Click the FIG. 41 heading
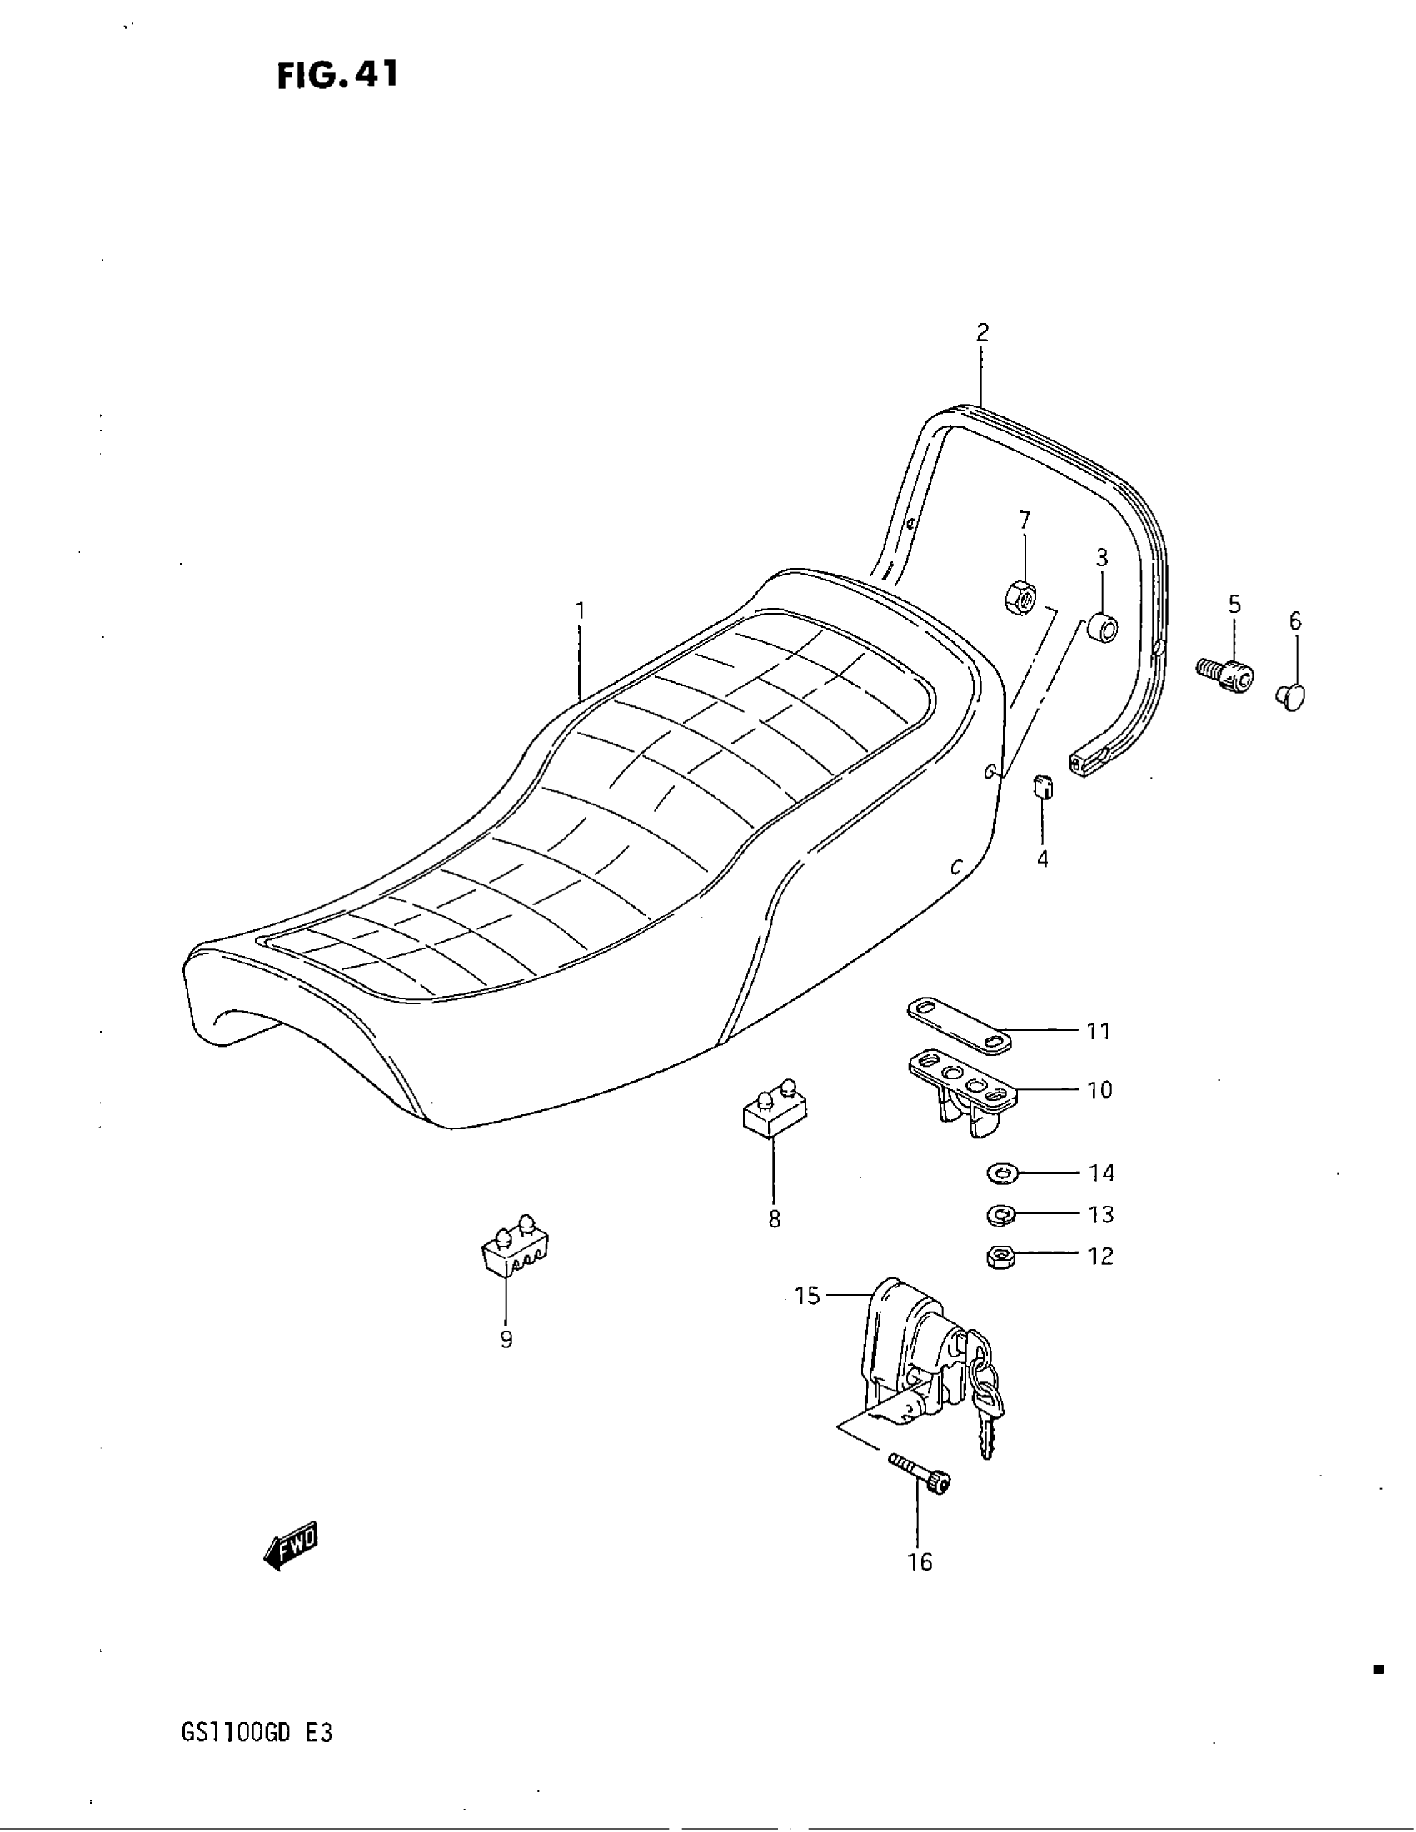click(x=337, y=76)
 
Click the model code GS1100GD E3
click(x=257, y=1732)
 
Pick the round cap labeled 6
click(x=1292, y=696)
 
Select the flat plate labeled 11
click(x=960, y=1024)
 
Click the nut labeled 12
click(x=1000, y=1256)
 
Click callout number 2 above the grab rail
click(x=982, y=333)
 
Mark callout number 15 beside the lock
click(x=807, y=1296)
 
